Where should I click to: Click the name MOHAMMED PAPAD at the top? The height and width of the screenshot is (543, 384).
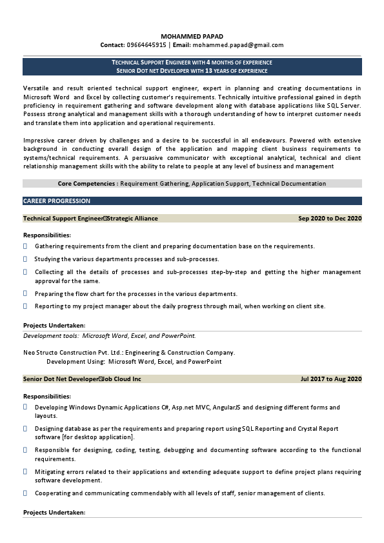coord(192,36)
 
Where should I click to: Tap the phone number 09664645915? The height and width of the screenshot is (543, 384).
coord(147,45)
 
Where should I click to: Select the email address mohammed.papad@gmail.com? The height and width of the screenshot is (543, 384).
coord(238,45)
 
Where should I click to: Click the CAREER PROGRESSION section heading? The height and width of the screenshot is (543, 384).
coord(57,201)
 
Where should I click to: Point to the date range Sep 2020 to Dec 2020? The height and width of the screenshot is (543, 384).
coord(330,219)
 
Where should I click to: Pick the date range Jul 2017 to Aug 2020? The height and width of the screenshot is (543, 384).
coord(331,379)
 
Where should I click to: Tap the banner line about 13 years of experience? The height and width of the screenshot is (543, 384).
coord(192,70)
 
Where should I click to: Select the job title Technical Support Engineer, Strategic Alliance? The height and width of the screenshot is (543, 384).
coord(90,219)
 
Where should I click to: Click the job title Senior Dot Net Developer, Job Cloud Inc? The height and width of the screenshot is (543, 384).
coord(82,379)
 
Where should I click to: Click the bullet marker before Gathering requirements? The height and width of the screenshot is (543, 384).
coord(25,246)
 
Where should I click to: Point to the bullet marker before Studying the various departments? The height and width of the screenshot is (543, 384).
coord(25,259)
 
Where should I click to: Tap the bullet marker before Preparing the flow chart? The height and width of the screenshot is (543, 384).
coord(25,293)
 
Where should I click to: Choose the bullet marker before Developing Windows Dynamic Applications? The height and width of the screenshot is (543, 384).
coord(25,408)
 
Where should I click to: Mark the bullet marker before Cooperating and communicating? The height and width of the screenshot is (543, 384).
coord(25,493)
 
